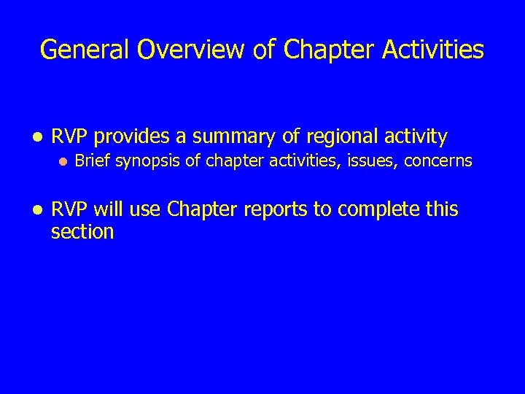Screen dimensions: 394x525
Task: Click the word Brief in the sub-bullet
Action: point(90,161)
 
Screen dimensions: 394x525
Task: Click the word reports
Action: point(278,209)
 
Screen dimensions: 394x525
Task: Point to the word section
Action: point(82,232)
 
